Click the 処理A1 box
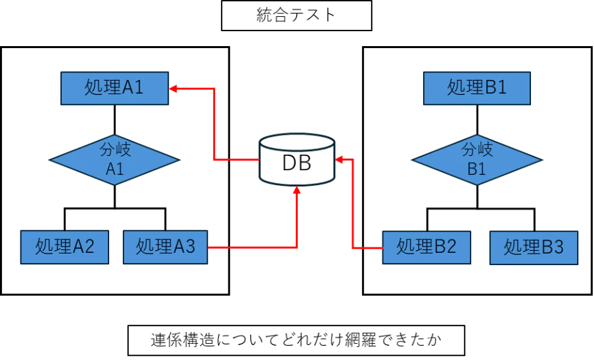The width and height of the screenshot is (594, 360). point(114,88)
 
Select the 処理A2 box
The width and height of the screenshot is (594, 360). point(64,247)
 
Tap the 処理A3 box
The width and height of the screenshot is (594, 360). point(165,247)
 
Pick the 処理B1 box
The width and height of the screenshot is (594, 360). point(477,88)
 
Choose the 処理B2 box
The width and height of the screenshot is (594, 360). point(426,247)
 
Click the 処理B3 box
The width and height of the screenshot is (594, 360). point(534,248)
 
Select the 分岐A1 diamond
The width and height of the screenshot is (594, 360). point(114,160)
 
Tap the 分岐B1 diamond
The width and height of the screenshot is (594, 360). point(477,160)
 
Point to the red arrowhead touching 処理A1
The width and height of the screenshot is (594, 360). point(174,88)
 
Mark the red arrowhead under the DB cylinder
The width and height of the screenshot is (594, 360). point(296,192)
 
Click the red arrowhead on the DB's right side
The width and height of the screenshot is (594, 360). point(340,159)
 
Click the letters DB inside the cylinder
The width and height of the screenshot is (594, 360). point(297,163)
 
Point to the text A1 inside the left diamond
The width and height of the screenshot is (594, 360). point(115,169)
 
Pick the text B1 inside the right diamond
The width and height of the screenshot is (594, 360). point(477,169)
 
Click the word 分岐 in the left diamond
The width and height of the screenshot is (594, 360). point(115,149)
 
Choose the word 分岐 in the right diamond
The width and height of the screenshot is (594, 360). point(477,149)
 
